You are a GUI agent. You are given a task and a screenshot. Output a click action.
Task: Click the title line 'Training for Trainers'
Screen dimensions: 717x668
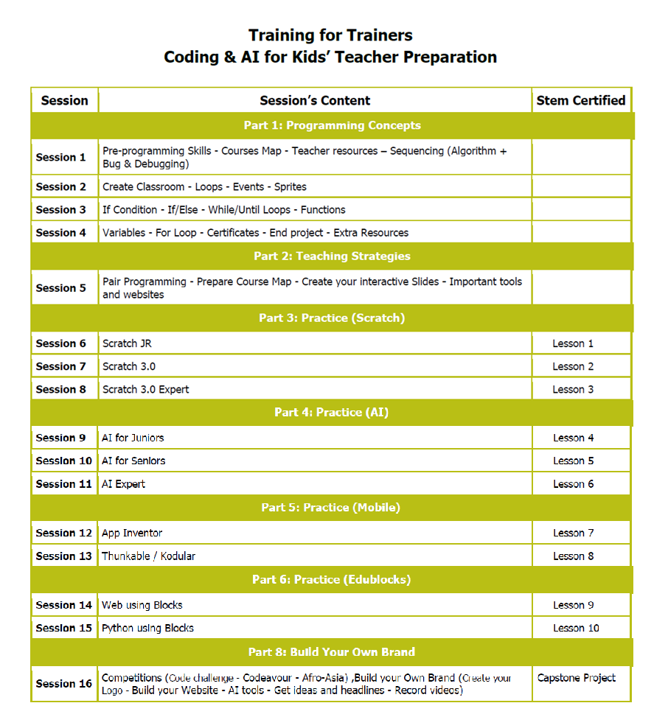330,35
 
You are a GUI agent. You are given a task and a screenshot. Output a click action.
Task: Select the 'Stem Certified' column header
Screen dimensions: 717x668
581,100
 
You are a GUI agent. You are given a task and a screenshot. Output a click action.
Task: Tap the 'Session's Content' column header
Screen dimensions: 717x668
315,100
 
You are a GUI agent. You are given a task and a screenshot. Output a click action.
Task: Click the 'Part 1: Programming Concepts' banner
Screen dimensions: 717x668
332,125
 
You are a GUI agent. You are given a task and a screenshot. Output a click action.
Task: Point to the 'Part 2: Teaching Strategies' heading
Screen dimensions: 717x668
332,256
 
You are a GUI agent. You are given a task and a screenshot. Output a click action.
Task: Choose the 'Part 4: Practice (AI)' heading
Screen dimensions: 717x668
332,412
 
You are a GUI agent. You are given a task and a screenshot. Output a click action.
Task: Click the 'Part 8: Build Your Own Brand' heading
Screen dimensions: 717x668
332,651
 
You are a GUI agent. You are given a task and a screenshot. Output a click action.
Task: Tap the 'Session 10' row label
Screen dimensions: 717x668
64,461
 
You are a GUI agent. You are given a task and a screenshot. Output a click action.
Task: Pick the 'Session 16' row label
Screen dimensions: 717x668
64,684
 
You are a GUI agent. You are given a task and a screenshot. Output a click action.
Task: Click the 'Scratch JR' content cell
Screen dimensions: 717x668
127,343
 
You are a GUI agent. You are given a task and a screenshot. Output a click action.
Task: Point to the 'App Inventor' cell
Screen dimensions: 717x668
132,533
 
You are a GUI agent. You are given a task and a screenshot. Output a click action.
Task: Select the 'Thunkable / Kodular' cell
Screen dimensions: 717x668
148,556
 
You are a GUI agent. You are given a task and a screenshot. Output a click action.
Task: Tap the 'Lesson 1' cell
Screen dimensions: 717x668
573,343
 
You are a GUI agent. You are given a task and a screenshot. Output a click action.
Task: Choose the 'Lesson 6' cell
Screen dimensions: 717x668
574,484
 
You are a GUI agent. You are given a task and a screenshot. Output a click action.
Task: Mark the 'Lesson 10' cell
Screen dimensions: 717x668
576,628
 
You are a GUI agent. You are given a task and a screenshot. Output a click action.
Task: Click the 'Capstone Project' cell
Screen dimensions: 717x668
577,678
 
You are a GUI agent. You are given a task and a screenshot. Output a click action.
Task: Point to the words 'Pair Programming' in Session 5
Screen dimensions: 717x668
145,281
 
